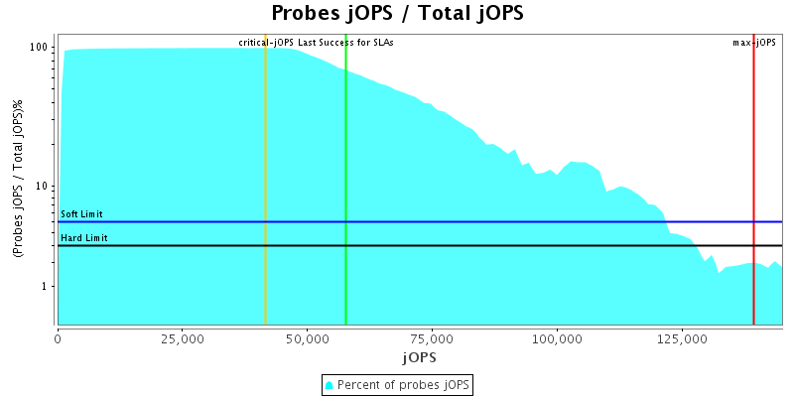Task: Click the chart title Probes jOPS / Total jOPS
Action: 397,14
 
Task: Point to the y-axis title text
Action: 18,179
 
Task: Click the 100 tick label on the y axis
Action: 40,48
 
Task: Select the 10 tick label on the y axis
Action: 44,187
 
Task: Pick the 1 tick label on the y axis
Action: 47,286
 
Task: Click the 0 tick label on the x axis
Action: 58,338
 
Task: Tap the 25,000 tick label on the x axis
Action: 182,338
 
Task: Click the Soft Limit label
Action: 81,214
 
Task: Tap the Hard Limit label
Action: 84,238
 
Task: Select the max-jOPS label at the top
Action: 754,43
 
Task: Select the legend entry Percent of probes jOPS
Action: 397,384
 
